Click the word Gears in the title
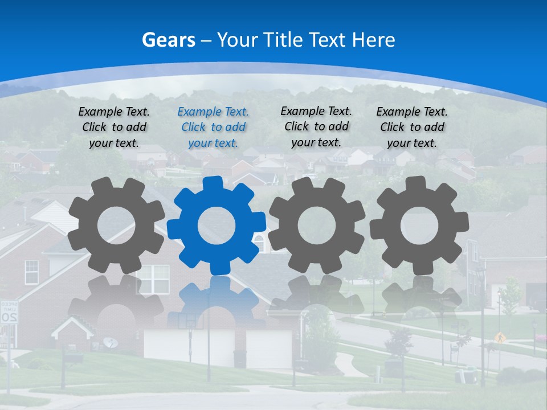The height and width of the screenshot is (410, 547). point(169,40)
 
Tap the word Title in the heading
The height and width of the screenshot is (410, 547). point(280,40)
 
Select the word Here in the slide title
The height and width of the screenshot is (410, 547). point(373,40)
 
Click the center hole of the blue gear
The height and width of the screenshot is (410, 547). point(217,225)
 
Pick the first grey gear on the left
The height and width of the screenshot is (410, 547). point(116,225)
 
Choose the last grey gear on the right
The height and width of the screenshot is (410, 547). point(419,224)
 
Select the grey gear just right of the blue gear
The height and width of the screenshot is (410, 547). point(316,224)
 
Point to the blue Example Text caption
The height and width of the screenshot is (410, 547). point(213,127)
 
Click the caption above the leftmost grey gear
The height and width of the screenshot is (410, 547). point(114,127)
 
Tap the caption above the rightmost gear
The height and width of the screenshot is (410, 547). point(412,127)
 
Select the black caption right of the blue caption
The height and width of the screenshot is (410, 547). point(316,126)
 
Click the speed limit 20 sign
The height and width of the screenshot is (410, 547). point(9,313)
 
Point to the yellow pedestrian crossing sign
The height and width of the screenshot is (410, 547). point(500,337)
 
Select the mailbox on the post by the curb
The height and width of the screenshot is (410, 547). point(73,358)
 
